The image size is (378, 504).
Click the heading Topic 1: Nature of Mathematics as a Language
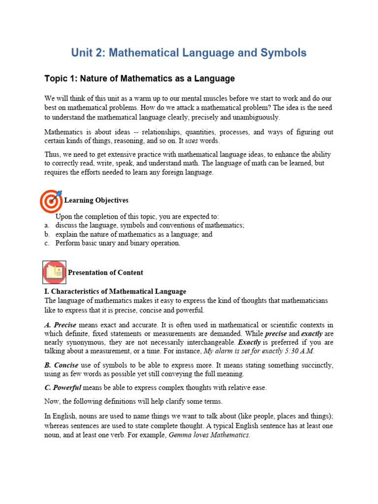coord(139,79)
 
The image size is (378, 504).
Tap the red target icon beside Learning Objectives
coord(51,200)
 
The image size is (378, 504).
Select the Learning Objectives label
coord(96,200)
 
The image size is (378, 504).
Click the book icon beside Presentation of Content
coord(54,272)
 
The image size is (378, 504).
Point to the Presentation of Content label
coord(105,273)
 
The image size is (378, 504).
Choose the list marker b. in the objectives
coord(47,234)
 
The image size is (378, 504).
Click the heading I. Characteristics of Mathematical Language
coord(115,291)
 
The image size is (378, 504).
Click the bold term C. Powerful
coord(63,387)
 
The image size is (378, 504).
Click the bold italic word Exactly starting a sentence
coord(249,342)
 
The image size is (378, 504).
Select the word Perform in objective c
coord(67,243)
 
